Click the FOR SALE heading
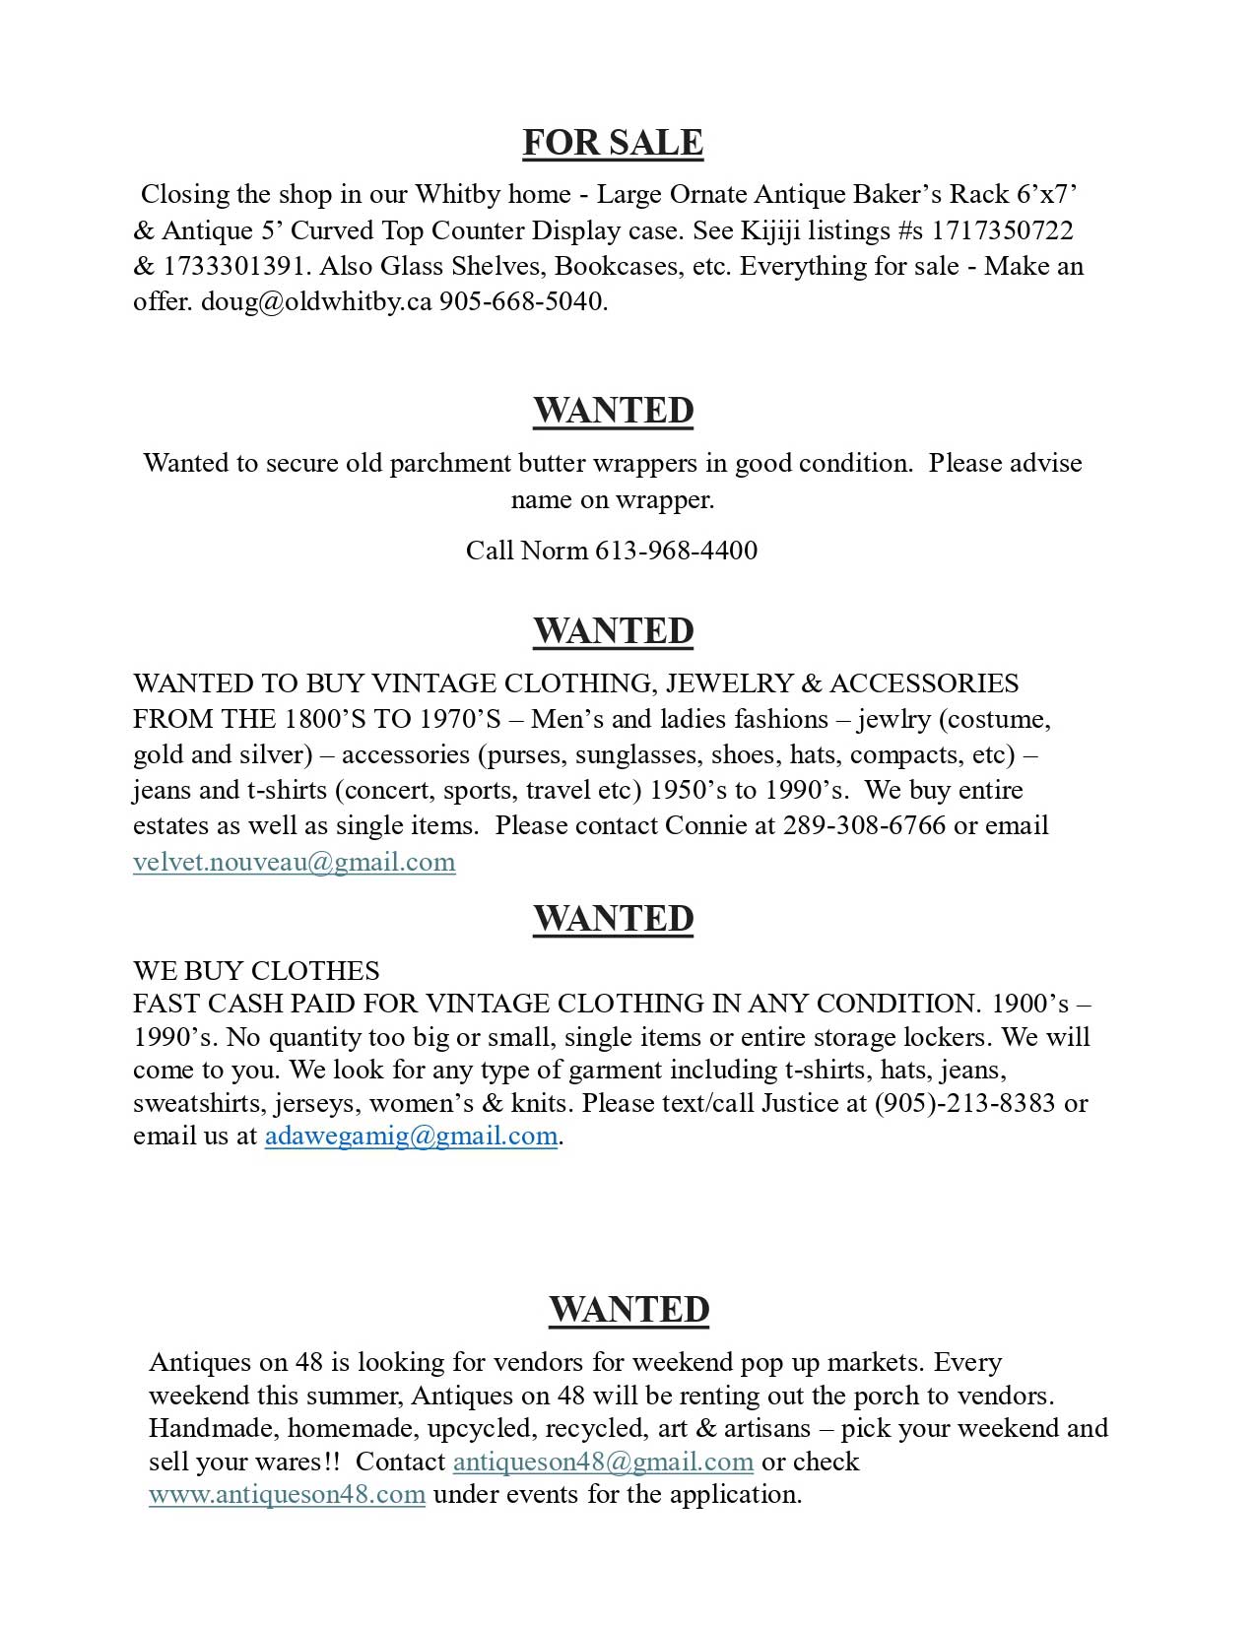point(613,143)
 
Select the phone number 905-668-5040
point(523,301)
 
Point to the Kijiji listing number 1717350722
point(1002,230)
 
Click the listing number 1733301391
point(233,266)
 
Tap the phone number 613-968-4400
point(676,550)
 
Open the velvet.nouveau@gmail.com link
point(295,862)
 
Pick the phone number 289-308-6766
point(864,825)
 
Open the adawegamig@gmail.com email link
point(411,1136)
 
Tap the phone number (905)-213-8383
point(964,1103)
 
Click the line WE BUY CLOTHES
point(256,971)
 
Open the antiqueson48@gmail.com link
point(603,1462)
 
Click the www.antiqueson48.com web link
point(287,1494)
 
